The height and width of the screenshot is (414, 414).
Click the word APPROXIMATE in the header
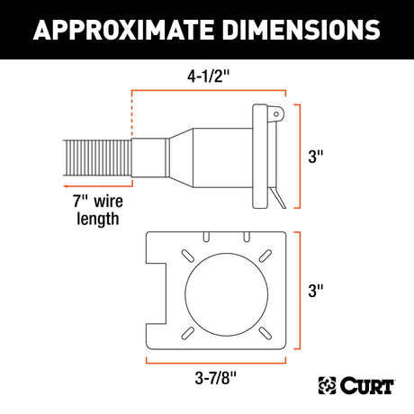[x=123, y=30]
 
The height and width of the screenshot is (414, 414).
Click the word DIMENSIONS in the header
[x=301, y=30]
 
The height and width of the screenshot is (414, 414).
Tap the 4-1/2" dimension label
[x=208, y=76]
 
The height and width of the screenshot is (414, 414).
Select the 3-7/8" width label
[x=216, y=378]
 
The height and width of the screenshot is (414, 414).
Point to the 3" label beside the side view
[x=316, y=157]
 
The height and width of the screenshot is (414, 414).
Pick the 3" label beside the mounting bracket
[x=316, y=291]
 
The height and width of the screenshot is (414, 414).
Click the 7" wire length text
[x=98, y=210]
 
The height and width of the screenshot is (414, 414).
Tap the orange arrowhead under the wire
[x=67, y=186]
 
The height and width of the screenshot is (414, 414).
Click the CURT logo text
[x=367, y=385]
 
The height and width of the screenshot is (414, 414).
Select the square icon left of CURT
[x=327, y=385]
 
